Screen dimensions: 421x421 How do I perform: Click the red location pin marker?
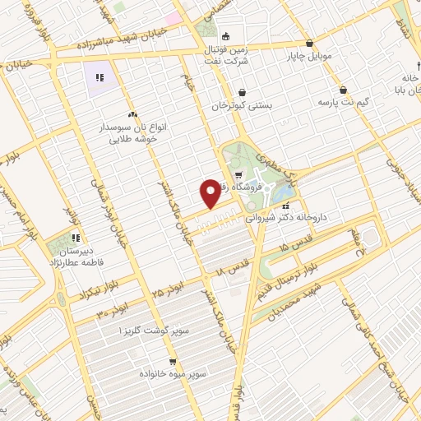[210, 193]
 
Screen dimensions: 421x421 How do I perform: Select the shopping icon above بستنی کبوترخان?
[242, 93]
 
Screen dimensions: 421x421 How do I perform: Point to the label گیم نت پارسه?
[343, 103]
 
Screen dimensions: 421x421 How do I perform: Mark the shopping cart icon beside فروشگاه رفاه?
[238, 174]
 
